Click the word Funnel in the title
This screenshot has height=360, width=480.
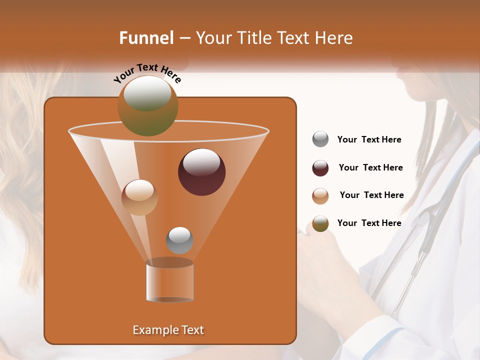pyautogui.click(x=146, y=38)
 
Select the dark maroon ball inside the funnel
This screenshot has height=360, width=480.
pyautogui.click(x=201, y=171)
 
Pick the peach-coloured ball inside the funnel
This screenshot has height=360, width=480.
pyautogui.click(x=139, y=197)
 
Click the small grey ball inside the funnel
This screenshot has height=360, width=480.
pyautogui.click(x=179, y=240)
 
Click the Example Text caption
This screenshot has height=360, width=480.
pyautogui.click(x=168, y=330)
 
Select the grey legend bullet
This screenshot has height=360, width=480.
pyautogui.click(x=320, y=139)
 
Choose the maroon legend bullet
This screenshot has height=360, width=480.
pyautogui.click(x=320, y=168)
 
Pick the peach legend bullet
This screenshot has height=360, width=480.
pyautogui.click(x=320, y=196)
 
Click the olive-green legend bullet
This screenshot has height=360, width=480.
pyautogui.click(x=320, y=223)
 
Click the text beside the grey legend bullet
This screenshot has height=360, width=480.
pyautogui.click(x=369, y=140)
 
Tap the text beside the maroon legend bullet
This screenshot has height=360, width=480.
pyautogui.click(x=370, y=168)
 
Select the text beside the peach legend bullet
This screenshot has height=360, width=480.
pyautogui.click(x=371, y=195)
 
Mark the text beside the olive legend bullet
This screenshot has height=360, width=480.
pyautogui.click(x=369, y=223)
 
